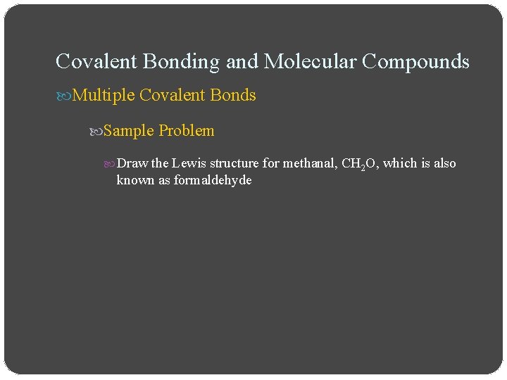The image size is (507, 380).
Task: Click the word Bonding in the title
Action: pyautogui.click(x=181, y=62)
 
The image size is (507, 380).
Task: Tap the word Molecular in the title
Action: pyautogui.click(x=311, y=62)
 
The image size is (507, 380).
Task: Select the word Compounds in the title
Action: pyautogui.click(x=415, y=62)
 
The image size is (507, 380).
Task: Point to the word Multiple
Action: pyautogui.click(x=104, y=95)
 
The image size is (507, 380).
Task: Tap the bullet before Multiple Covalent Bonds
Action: pyautogui.click(x=63, y=96)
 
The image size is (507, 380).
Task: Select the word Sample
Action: pyautogui.click(x=129, y=131)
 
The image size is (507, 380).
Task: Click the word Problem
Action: pyautogui.click(x=187, y=131)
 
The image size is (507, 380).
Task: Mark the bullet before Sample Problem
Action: pyautogui.click(x=97, y=132)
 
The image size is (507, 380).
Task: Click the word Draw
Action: pyautogui.click(x=132, y=163)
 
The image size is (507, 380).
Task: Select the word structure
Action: pyautogui.click(x=235, y=163)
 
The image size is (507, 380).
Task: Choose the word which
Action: pyautogui.click(x=400, y=163)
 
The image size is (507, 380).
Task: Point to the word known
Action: pyautogui.click(x=133, y=180)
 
